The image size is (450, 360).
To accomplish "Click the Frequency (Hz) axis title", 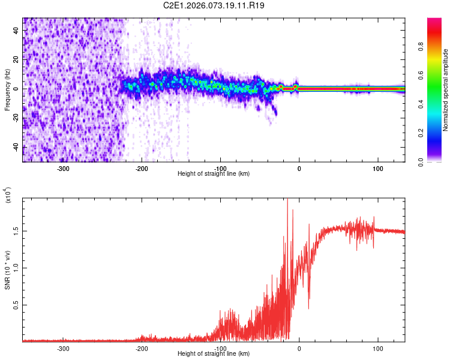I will point(7,90).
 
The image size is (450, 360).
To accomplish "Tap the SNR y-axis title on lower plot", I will point(7,270).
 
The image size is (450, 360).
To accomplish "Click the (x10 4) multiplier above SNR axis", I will point(8,196).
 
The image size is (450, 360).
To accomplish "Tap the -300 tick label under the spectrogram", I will point(64,169).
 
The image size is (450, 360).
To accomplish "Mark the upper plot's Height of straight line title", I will point(214,174).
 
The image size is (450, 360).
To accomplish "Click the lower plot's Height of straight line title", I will point(214,354).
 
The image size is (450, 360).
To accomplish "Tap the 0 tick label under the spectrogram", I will point(299,169).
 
